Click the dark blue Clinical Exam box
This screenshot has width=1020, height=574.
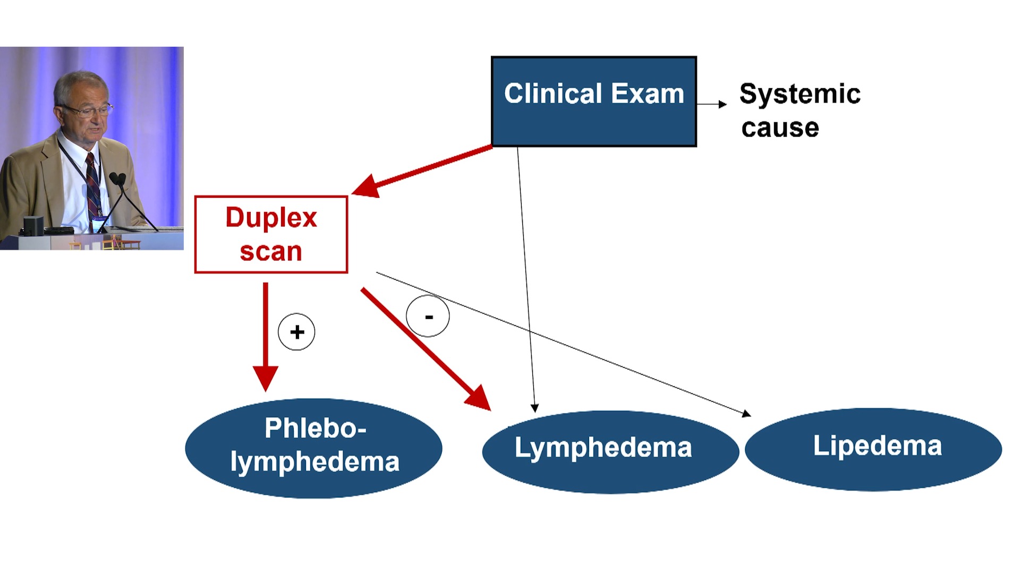point(593,101)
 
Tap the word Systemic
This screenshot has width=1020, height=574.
point(800,95)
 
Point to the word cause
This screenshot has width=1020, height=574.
point(780,128)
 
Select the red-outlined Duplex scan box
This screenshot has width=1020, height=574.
point(271,234)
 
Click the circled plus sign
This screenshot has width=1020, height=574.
point(296,332)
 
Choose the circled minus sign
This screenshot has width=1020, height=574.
point(428,316)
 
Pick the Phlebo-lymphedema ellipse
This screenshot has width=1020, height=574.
point(313,448)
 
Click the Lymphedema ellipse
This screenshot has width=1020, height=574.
point(610,452)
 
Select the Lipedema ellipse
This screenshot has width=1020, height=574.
point(873,449)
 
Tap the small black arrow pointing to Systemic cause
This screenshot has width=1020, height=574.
point(712,104)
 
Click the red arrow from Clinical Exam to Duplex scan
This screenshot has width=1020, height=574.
point(422,170)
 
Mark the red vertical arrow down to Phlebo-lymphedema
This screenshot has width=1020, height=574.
point(266,337)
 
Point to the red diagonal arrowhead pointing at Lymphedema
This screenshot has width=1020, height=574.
point(479,399)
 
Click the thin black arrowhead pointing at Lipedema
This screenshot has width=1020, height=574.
point(746,413)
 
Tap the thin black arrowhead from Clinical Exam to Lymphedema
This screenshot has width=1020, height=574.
point(535,408)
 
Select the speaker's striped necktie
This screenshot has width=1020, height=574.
point(93,186)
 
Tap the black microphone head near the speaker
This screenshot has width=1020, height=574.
point(117,179)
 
